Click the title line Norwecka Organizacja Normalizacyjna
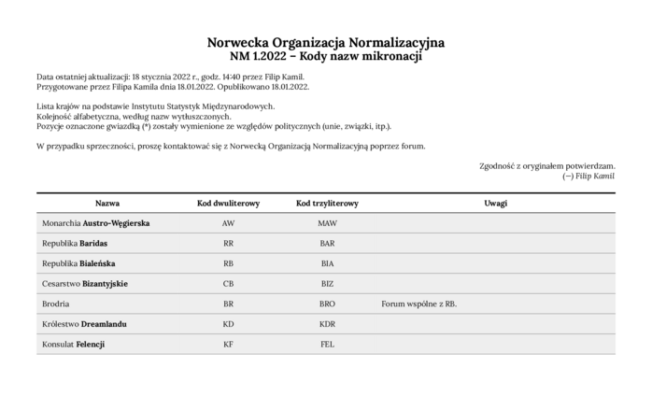[x=326, y=43]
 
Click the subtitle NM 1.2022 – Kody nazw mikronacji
[x=326, y=57]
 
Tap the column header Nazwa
[x=107, y=203]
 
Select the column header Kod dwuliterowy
[x=228, y=203]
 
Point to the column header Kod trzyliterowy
[x=327, y=203]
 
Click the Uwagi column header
[x=495, y=203]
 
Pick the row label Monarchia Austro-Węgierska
[x=96, y=223]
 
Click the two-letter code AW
[x=228, y=223]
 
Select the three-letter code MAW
[x=327, y=223]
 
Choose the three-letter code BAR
[x=327, y=243]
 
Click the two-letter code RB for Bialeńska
[x=228, y=263]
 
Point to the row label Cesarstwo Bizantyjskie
[x=85, y=283]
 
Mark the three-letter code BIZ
[x=327, y=283]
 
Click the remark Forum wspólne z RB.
[x=418, y=304]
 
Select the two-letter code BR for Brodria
[x=228, y=304]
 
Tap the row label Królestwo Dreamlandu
[x=84, y=324]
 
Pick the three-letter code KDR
[x=327, y=324]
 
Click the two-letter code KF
[x=228, y=345]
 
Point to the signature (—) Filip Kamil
[x=588, y=176]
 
